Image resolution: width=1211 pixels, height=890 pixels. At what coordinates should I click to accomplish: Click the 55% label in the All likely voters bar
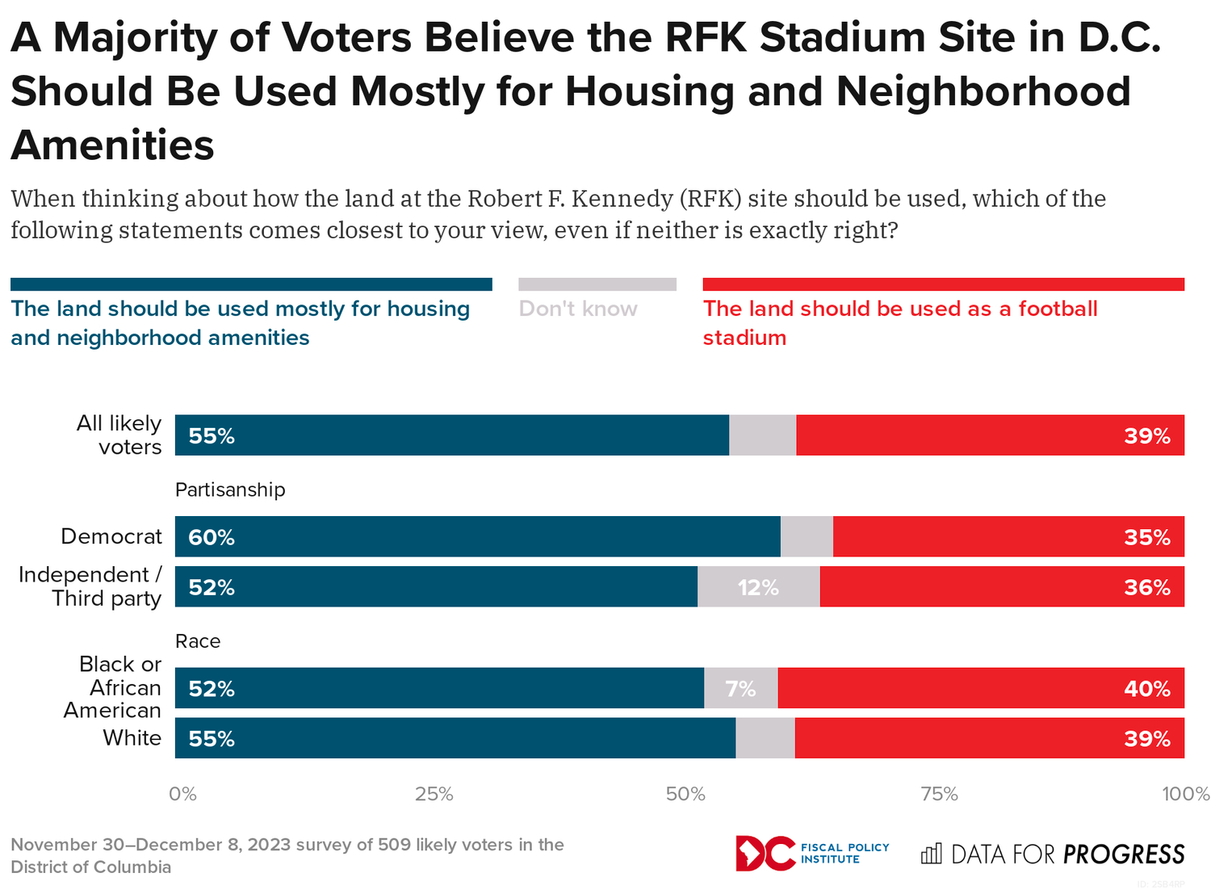coord(212,436)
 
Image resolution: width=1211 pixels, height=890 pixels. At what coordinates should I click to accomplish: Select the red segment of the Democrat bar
coord(1008,537)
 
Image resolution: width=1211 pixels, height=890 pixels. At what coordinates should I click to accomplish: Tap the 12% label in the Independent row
coord(758,588)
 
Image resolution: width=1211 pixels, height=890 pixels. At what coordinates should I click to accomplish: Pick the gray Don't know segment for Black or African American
coord(740,689)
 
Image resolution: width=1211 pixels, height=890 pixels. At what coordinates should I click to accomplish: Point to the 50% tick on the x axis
coord(685,795)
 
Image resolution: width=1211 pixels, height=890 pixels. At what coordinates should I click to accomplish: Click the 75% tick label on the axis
coord(939,795)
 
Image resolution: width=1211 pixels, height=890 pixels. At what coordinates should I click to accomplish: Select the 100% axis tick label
coord(1185,795)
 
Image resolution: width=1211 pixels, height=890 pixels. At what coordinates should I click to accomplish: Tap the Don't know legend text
coord(578,309)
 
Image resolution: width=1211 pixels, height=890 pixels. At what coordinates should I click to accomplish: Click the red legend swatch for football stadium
coord(943,284)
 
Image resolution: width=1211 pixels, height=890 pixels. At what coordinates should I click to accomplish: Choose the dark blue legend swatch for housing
coord(251,284)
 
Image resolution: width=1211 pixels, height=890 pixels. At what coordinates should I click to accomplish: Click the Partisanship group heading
coord(230,490)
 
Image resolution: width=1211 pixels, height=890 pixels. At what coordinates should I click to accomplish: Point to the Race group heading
coord(198,641)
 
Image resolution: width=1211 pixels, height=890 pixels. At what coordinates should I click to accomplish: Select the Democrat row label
coord(111,537)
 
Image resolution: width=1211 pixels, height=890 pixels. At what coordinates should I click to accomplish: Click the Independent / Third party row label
coord(90,587)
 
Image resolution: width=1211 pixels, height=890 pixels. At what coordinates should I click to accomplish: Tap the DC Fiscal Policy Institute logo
coord(811,854)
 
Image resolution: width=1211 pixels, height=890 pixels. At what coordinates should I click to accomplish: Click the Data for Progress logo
coord(1053,854)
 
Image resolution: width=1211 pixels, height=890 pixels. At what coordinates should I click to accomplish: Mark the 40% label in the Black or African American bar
coord(1146,689)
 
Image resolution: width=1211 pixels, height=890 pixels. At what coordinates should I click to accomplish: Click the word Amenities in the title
coord(113,145)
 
